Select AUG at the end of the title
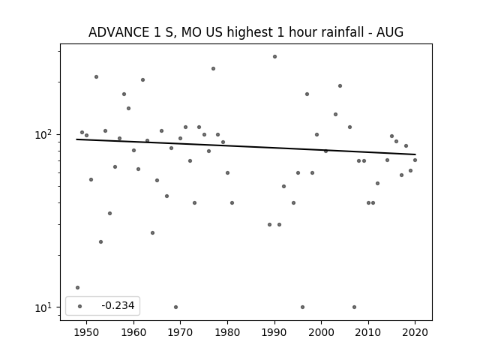click(390, 32)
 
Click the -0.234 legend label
click(118, 305)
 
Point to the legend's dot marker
click(80, 306)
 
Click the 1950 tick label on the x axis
click(87, 332)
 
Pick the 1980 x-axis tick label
click(227, 332)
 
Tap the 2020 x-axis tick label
click(415, 332)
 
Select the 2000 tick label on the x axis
click(322, 332)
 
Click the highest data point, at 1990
click(275, 57)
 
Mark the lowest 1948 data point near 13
click(77, 287)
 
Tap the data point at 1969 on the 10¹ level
click(175, 307)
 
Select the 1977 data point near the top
click(213, 68)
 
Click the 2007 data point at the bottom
click(354, 307)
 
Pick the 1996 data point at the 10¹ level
click(302, 307)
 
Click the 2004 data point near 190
click(340, 86)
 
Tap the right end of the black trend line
click(415, 154)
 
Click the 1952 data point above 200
click(97, 76)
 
